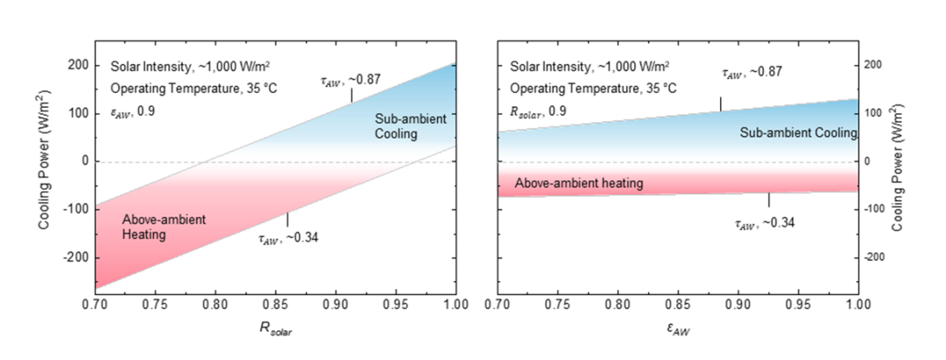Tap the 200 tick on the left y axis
tap(75, 65)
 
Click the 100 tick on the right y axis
tap(872, 113)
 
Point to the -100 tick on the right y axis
tap(874, 209)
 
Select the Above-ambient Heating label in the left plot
tap(164, 226)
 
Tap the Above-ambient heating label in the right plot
tap(579, 184)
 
